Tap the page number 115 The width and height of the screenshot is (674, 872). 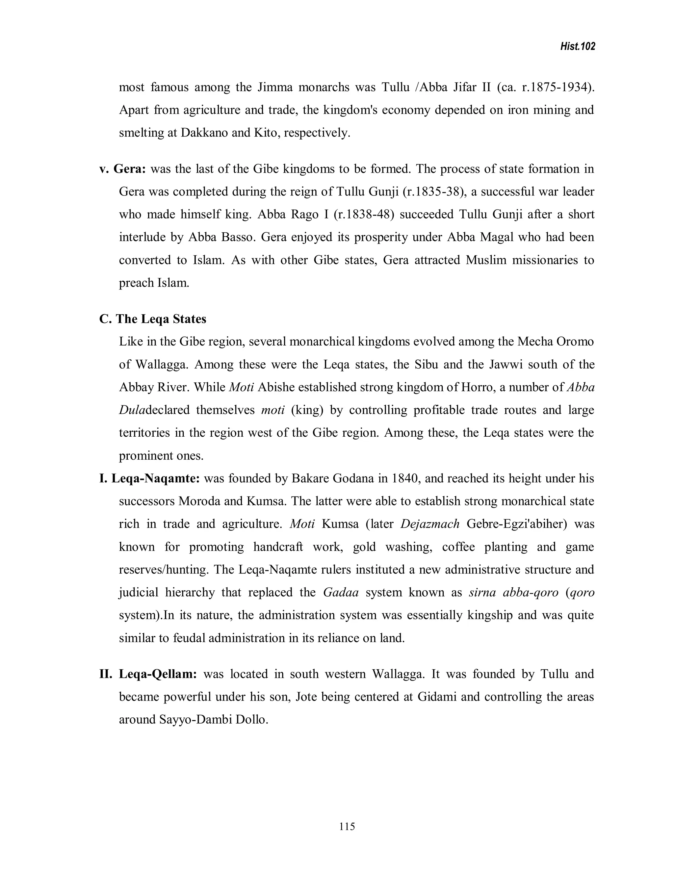tap(347, 826)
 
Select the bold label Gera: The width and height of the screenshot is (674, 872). tap(130, 169)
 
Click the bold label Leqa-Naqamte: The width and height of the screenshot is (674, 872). tap(156, 478)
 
